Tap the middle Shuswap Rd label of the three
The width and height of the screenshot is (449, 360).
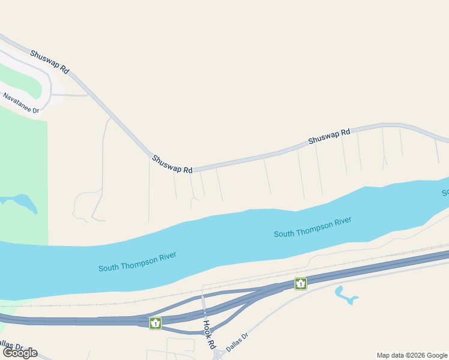(x=172, y=164)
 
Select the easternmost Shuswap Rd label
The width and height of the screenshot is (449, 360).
(x=329, y=137)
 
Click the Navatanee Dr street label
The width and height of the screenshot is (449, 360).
(x=20, y=103)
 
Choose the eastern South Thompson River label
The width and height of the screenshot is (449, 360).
(x=312, y=227)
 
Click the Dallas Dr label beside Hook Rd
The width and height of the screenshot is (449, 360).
(x=237, y=343)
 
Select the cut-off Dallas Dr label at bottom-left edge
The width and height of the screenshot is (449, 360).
(x=11, y=346)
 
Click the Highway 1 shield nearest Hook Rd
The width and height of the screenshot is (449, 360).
(x=155, y=323)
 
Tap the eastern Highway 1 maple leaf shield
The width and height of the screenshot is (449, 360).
(x=300, y=283)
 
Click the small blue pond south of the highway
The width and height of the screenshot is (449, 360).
(x=345, y=295)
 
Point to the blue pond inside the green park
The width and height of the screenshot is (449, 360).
(x=23, y=201)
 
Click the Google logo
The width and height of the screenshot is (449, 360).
(x=20, y=353)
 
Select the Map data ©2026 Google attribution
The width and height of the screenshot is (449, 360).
(x=412, y=355)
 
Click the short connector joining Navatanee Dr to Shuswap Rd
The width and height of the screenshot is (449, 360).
(x=69, y=95)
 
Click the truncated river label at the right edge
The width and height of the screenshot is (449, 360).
(x=445, y=193)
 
